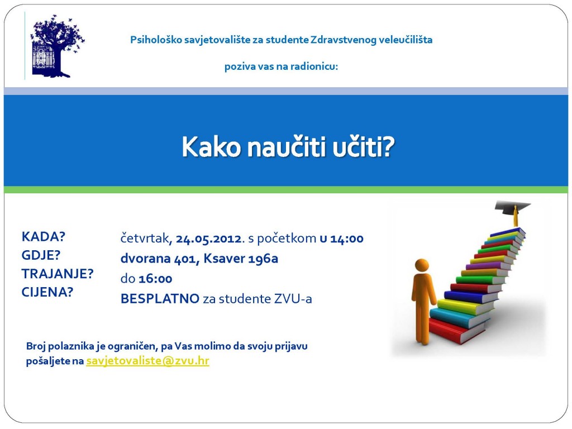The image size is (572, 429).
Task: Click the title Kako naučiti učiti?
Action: click(x=288, y=147)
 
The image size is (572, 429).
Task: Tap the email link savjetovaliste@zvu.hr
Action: click(x=147, y=361)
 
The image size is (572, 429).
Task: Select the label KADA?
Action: click(x=43, y=237)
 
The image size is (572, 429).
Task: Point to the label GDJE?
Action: click(x=41, y=255)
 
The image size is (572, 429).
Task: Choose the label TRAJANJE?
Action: click(x=58, y=274)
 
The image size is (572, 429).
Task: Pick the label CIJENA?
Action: click(x=47, y=292)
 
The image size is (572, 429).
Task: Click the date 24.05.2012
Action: click(x=209, y=239)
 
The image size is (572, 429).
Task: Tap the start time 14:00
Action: click(x=347, y=239)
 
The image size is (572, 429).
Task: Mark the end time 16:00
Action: click(x=155, y=279)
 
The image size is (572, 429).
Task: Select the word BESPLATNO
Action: click(x=160, y=299)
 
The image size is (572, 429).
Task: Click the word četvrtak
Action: click(x=145, y=239)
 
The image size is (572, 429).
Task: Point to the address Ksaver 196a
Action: click(x=241, y=259)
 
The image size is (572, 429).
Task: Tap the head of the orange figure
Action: click(x=422, y=265)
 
